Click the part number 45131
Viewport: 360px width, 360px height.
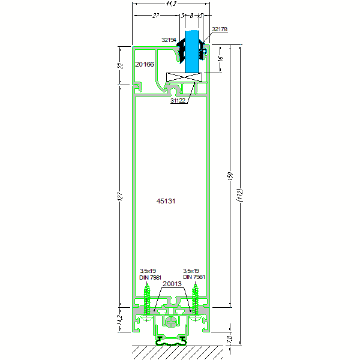[x=166, y=202]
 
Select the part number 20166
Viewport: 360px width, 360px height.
[x=145, y=64]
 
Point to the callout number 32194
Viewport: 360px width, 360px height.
[x=169, y=40]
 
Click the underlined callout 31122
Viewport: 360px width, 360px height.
[x=178, y=101]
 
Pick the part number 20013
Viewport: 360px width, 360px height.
[x=172, y=284]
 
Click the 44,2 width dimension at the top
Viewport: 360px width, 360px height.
[x=171, y=4]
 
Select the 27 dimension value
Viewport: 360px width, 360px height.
[x=156, y=16]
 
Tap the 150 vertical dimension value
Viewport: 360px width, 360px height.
[x=230, y=178]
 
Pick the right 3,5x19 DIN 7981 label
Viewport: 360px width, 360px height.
[x=194, y=274]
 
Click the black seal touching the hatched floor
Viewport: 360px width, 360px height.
[x=172, y=341]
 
